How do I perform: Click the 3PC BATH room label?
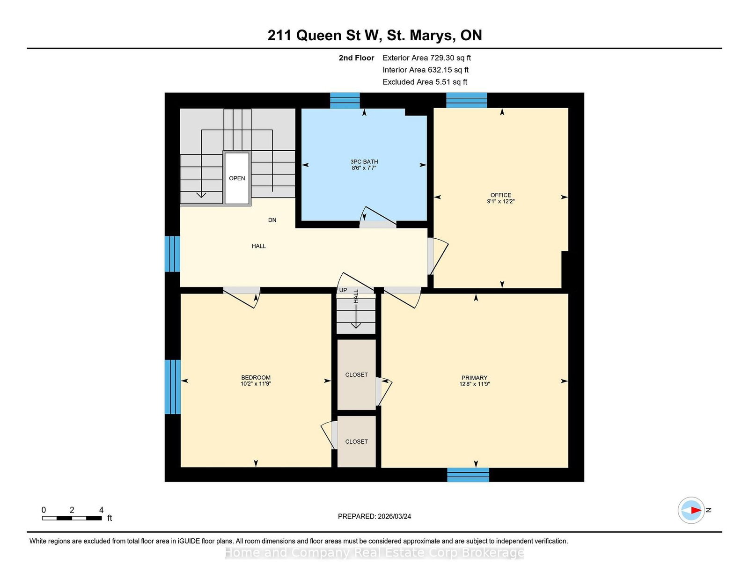364,161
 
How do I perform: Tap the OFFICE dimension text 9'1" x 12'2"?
500,201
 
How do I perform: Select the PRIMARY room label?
474,378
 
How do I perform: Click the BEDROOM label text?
256,378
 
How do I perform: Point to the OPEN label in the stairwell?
237,178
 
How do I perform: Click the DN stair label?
272,220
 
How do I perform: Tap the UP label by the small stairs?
343,290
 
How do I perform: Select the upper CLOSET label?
356,374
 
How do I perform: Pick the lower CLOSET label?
356,441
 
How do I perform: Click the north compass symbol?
691,510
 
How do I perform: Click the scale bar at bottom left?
72,518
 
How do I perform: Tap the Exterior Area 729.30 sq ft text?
426,58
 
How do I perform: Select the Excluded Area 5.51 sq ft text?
425,82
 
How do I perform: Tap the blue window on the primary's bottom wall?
468,475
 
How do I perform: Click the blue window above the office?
466,100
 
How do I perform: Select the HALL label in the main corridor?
258,246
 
